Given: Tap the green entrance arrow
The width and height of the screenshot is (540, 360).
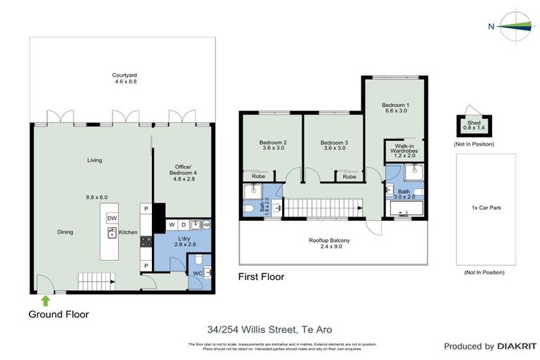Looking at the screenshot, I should (x=46, y=300).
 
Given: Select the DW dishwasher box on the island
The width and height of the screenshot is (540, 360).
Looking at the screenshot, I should (x=112, y=219).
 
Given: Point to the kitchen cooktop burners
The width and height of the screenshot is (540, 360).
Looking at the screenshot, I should (x=147, y=240).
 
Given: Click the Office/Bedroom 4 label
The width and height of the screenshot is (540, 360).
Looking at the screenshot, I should (x=181, y=171).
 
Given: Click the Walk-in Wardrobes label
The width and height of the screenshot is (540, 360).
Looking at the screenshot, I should (x=399, y=150).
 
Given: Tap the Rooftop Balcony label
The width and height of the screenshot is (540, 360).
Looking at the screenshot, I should (x=329, y=244).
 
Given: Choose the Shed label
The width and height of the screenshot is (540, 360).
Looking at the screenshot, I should (x=474, y=124).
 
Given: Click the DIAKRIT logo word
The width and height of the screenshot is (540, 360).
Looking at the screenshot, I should (x=517, y=347).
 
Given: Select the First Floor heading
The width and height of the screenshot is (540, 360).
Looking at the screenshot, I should (x=261, y=276).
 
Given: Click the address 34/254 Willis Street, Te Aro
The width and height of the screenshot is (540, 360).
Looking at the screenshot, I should (x=269, y=329).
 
